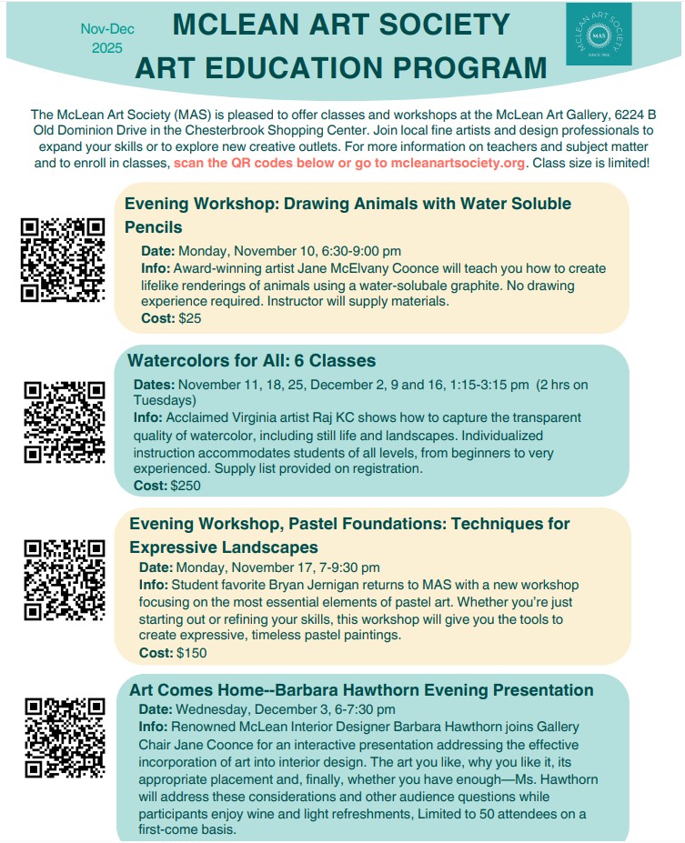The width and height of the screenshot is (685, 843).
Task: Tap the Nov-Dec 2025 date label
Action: (x=106, y=38)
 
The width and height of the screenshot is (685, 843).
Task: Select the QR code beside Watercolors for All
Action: (x=64, y=422)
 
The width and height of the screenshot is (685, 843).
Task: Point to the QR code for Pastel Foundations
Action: (x=64, y=580)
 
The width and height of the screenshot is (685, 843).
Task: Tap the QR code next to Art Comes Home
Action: (x=64, y=737)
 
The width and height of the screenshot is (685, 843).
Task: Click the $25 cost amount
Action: (x=189, y=318)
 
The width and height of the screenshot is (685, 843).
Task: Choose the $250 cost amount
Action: (x=186, y=486)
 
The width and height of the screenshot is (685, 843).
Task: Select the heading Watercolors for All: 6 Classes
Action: (x=251, y=360)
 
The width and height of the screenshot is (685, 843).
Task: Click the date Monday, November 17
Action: (x=240, y=567)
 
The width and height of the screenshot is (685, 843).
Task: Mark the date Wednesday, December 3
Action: (x=249, y=709)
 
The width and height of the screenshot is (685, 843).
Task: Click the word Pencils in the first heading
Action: (x=154, y=227)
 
